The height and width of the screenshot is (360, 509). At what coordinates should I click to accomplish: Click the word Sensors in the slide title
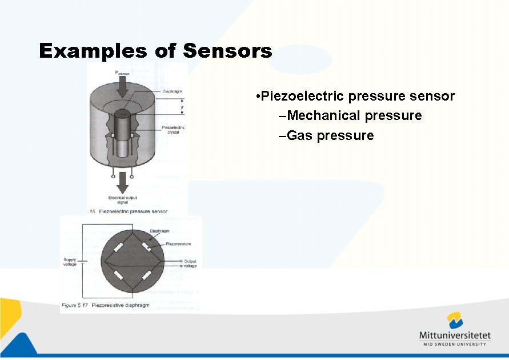tap(227, 51)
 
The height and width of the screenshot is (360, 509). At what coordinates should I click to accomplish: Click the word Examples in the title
tap(91, 51)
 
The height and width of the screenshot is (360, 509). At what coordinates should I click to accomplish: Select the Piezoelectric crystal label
tap(173, 130)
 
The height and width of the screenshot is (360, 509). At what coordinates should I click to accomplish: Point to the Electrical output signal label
tap(122, 200)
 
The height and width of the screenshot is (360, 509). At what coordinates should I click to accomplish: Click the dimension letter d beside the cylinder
tap(182, 106)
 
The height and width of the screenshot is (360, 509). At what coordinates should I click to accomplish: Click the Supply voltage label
tap(70, 262)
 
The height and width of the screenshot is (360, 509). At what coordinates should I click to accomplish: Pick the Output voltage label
tap(190, 263)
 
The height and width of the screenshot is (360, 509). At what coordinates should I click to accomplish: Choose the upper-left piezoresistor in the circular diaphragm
tap(119, 247)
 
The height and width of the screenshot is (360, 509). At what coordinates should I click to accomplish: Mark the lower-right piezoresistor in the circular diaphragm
tap(146, 276)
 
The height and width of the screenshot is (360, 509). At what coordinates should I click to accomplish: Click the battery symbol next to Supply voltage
tap(81, 262)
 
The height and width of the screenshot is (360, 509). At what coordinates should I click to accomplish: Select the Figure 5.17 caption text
tap(105, 306)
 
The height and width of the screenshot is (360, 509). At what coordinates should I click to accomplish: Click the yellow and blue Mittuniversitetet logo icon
tap(455, 321)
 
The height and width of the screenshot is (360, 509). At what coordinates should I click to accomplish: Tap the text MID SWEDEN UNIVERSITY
tap(455, 344)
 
